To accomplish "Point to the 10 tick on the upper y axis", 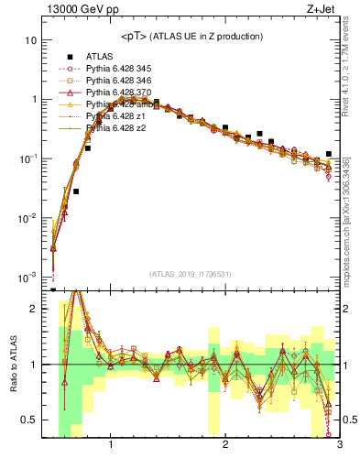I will (31, 41).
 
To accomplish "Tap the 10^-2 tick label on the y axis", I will (27, 218).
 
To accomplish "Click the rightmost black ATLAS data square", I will (329, 154).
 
